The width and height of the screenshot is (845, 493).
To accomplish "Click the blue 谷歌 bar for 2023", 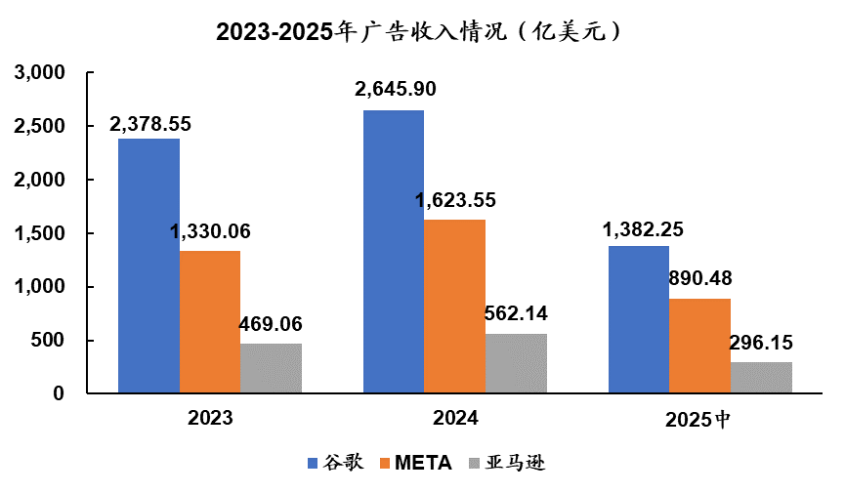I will (x=148, y=267).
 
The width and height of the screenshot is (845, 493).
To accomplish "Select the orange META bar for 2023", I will (x=209, y=322).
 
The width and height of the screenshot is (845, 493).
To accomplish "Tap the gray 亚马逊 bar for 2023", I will (x=271, y=369).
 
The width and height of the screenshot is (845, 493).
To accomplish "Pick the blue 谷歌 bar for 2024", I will (x=394, y=252).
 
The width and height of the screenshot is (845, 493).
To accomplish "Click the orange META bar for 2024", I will (x=454, y=307).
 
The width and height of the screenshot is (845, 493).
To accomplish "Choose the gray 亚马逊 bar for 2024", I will (x=516, y=364).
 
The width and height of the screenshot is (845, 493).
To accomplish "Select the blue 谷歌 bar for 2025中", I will (x=639, y=320).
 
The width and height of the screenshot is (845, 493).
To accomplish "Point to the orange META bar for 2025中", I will (x=699, y=347).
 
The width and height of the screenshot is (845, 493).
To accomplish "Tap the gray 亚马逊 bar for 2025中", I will (x=761, y=378).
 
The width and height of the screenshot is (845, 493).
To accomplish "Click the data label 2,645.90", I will (x=396, y=89).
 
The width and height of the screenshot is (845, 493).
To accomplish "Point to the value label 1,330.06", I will (x=210, y=231).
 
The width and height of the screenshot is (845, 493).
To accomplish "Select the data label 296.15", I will (x=761, y=343).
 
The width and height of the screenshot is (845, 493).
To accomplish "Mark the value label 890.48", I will (x=699, y=278).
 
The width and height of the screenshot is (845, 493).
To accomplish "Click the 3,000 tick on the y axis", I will (x=40, y=73).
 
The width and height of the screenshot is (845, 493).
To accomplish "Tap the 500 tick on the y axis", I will (x=48, y=341).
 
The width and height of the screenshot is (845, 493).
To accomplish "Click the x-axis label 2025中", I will (x=698, y=420).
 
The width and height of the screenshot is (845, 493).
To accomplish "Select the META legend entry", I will (x=414, y=463).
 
